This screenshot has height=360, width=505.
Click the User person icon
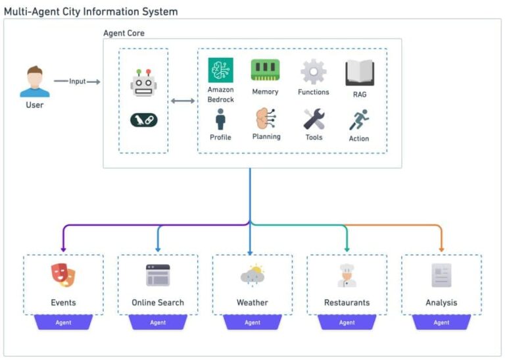tap(34, 82)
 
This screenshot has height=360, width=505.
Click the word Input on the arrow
tap(78, 82)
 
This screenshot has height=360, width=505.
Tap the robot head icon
tap(143, 83)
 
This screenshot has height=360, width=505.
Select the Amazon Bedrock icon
tap(220, 70)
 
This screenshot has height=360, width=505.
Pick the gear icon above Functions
tap(313, 71)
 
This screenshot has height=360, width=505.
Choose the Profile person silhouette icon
tap(220, 120)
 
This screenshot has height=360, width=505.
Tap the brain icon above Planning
tap(265, 119)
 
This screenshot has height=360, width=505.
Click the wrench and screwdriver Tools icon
tap(314, 119)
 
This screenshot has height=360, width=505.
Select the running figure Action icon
tap(359, 120)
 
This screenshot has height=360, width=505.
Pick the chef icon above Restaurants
tap(347, 276)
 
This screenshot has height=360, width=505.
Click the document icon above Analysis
tap(441, 276)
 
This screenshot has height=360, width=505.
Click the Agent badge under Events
tap(63, 322)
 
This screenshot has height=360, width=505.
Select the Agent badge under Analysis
tap(441, 322)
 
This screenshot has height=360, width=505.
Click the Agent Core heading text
tap(124, 33)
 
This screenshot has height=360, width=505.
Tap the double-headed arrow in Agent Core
tap(183, 101)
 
